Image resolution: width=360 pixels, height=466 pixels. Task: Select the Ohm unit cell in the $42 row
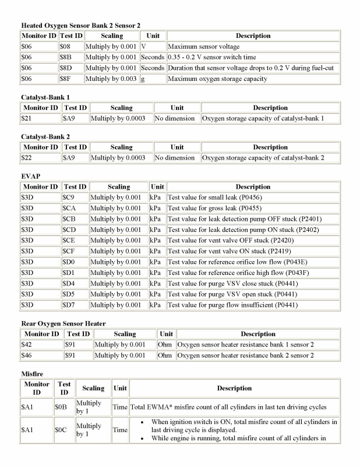click(166, 345)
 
